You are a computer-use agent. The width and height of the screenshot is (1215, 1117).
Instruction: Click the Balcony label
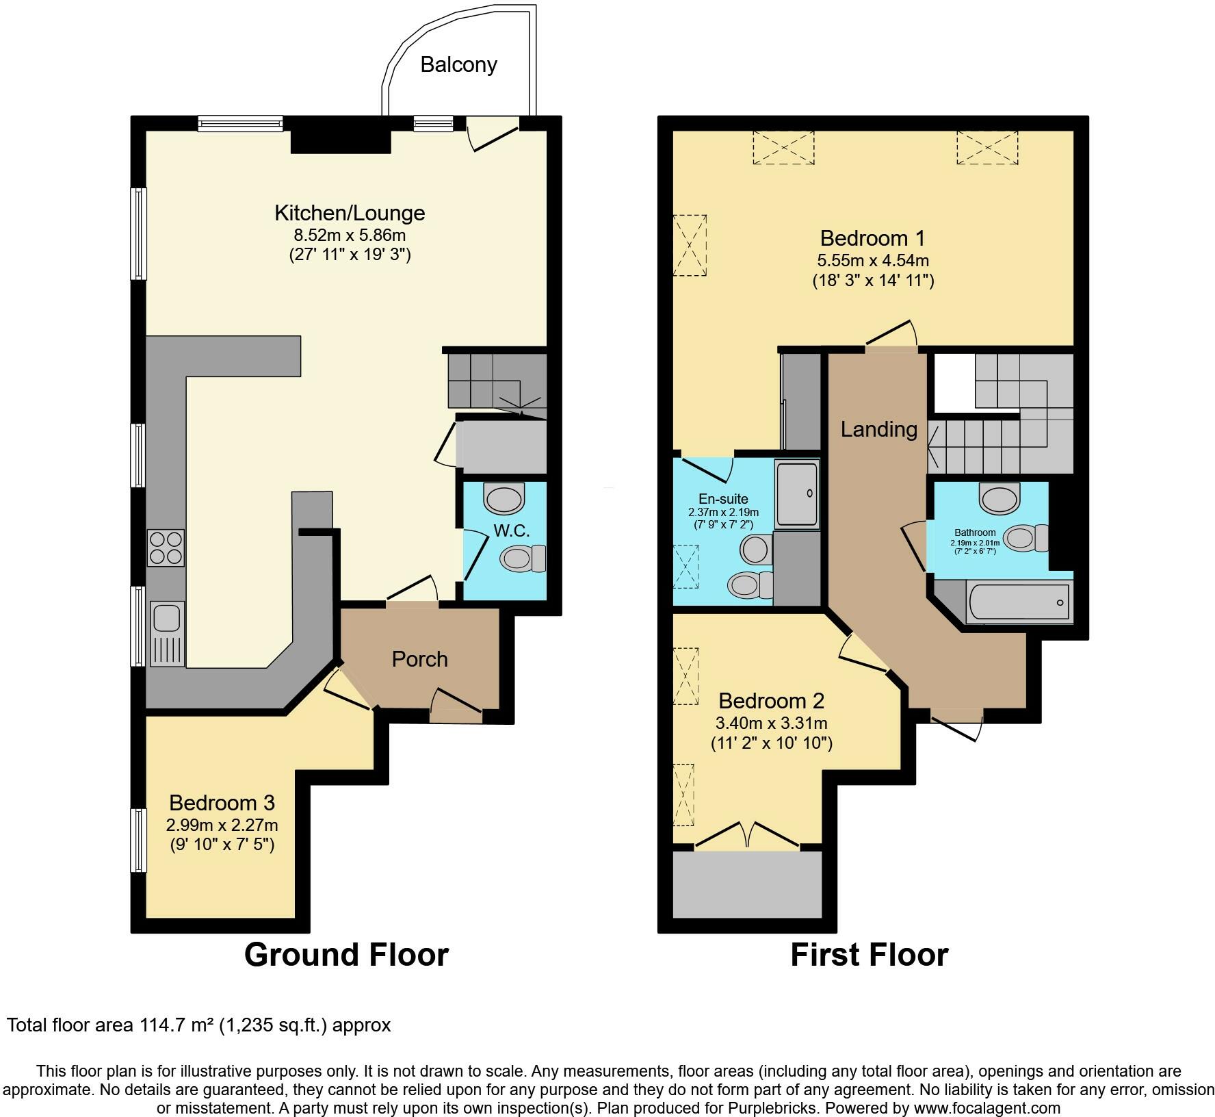[458, 65]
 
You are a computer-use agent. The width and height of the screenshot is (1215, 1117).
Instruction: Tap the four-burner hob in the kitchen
[166, 548]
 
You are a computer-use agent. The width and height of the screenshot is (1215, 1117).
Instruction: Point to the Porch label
[420, 659]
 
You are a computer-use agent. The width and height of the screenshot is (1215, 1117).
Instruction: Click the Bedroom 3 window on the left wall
[139, 840]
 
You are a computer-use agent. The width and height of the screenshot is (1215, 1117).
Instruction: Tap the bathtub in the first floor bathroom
[1018, 602]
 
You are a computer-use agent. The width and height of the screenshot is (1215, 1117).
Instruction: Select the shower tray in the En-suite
[796, 494]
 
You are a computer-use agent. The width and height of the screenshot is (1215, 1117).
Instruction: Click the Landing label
[878, 430]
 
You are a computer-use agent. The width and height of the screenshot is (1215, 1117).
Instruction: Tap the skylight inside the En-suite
[686, 567]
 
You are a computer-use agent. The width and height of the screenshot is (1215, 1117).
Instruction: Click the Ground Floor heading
[346, 955]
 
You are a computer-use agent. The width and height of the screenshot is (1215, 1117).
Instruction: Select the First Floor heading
[870, 955]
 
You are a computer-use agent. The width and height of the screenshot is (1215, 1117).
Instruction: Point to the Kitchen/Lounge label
[350, 213]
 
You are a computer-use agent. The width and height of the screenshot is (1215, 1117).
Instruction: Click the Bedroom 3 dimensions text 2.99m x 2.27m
[222, 825]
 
